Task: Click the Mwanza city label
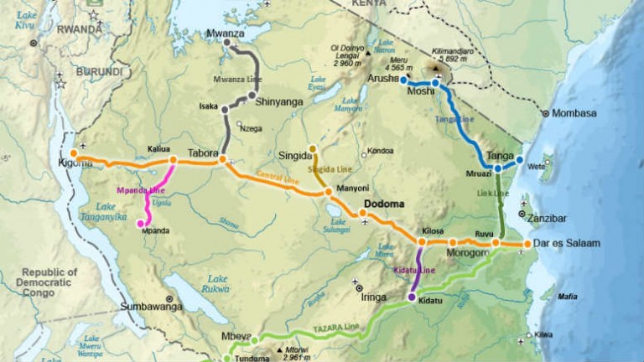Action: [224, 34]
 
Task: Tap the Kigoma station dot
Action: [74, 153]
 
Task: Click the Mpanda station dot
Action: [140, 223]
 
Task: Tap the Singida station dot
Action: [313, 149]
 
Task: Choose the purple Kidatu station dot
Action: [411, 297]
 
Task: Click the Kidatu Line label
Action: [414, 270]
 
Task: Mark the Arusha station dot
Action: [403, 80]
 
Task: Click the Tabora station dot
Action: [223, 158]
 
